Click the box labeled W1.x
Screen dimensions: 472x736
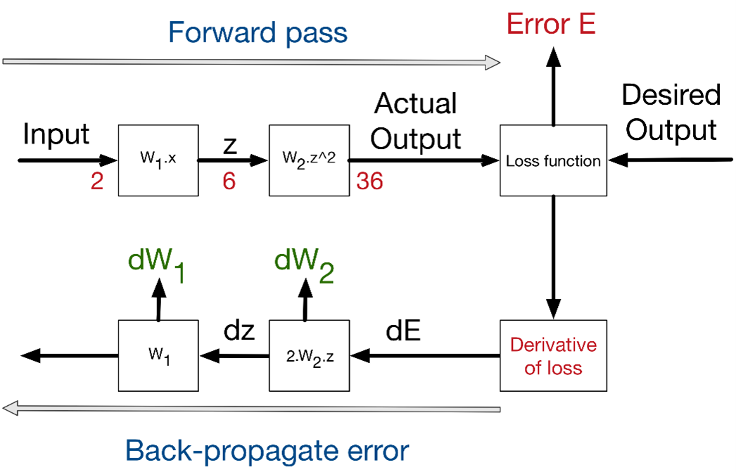click(158, 160)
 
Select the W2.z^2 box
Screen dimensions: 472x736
click(310, 160)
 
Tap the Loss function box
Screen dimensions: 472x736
click(553, 160)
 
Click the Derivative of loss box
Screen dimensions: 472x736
click(553, 356)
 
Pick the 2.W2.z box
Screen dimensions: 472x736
click(310, 356)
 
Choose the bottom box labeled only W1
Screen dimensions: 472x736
click(158, 356)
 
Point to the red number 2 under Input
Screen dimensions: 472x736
click(97, 181)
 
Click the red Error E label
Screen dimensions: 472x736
click(552, 24)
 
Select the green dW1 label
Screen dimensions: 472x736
click(157, 266)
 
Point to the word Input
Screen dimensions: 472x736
click(56, 134)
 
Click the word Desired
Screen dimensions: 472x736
click(672, 94)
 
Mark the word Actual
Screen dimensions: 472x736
click(415, 103)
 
